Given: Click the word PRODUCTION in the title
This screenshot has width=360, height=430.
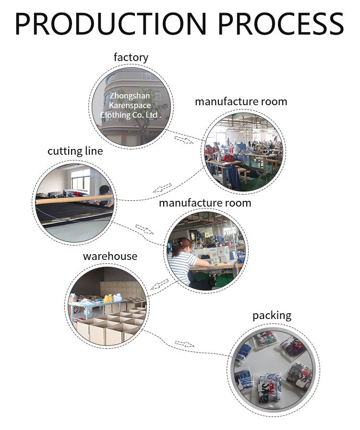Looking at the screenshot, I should click(111, 24).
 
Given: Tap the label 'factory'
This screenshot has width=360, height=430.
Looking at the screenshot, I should click(131, 58).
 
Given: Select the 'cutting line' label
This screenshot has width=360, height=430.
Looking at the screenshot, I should click(75, 151).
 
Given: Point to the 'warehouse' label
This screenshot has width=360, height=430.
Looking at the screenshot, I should click(110, 256).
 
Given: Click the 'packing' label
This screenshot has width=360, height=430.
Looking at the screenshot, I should click(272, 316).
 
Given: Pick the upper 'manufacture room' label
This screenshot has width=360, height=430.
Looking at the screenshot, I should click(241, 102).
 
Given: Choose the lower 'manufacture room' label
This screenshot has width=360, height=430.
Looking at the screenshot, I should click(205, 203).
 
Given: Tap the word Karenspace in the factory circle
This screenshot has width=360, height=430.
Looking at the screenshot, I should click(130, 105).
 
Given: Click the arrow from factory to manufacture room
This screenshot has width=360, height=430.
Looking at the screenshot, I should click(183, 139).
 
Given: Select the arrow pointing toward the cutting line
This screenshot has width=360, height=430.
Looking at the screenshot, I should click(162, 187).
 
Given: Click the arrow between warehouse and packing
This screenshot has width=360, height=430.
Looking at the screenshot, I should click(184, 344).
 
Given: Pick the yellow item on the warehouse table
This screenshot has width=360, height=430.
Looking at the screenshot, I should click(108, 298).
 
